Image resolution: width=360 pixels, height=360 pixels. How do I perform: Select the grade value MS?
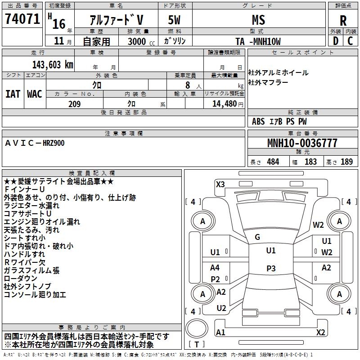pyautogui.click(x=258, y=20)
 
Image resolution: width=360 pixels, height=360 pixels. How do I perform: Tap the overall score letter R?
pyautogui.click(x=343, y=21)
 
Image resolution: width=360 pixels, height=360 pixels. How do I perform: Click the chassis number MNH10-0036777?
pyautogui.click(x=302, y=144)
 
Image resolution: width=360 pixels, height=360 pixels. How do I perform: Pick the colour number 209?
pyautogui.click(x=74, y=104)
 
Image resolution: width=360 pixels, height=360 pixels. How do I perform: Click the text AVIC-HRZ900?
pyautogui.click(x=35, y=143)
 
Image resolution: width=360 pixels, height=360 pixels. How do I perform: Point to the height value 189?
pyautogui.click(x=346, y=162)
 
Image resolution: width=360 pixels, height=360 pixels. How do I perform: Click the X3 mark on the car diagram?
pyautogui.click(x=220, y=184)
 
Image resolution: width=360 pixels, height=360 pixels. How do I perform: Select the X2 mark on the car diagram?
pyautogui.click(x=320, y=332)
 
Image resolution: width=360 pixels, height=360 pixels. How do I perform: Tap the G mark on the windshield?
pyautogui.click(x=257, y=237)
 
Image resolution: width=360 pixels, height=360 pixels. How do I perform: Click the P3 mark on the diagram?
pyautogui.click(x=270, y=268)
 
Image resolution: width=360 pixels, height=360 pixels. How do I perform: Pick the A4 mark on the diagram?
pyautogui.click(x=215, y=268)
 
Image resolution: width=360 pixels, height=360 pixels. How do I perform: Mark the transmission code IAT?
pyautogui.click(x=13, y=94)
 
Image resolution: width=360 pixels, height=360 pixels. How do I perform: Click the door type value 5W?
pyautogui.click(x=175, y=20)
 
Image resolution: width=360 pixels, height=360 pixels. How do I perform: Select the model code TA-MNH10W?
pyautogui.click(x=258, y=42)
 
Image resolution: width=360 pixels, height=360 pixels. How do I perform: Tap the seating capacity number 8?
pyautogui.click(x=187, y=85)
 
